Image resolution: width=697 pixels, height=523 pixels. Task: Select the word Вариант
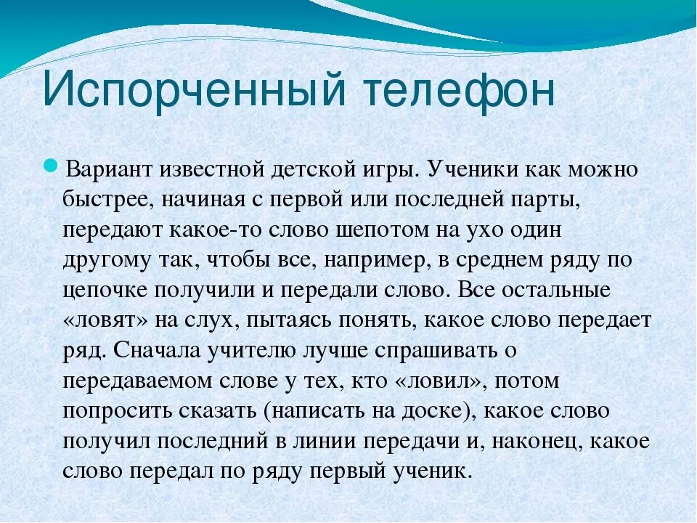109,171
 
